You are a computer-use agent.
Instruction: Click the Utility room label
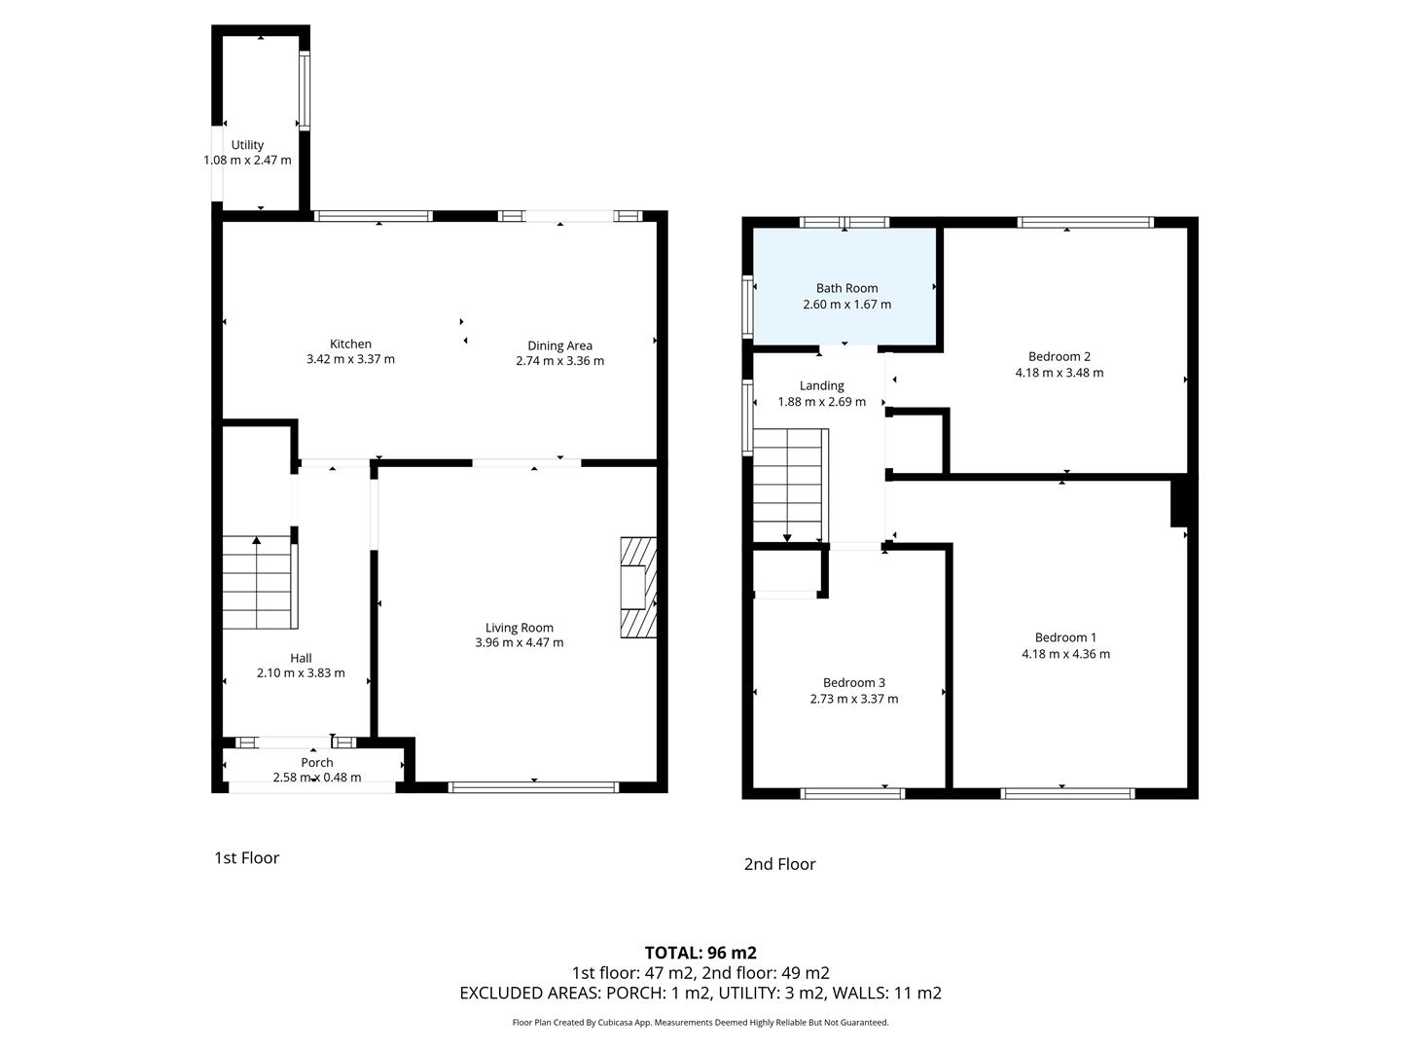(247, 145)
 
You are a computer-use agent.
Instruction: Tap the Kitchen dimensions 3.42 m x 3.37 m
(350, 359)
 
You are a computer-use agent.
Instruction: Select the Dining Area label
(559, 345)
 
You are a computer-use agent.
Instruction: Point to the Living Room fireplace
(638, 587)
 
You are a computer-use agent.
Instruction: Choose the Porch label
(317, 763)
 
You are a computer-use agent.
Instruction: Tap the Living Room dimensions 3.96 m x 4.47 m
(519, 642)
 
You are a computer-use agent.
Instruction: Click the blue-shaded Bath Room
(844, 286)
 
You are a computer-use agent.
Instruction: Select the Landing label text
(821, 385)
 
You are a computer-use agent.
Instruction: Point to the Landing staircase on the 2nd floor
(791, 485)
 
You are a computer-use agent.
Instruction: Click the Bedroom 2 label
(1059, 357)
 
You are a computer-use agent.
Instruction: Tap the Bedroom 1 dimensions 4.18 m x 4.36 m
(1065, 654)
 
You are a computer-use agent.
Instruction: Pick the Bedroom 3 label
(854, 683)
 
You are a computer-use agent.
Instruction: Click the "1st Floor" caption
(246, 857)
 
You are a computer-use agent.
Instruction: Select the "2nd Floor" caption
(779, 864)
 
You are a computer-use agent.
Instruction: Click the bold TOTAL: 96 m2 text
(700, 953)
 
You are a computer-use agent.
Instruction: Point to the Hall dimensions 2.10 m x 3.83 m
(301, 673)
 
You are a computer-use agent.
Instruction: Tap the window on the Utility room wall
(305, 91)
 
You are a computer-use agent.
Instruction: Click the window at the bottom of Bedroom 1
(1067, 794)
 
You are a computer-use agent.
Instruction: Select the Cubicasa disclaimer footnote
(700, 1022)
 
